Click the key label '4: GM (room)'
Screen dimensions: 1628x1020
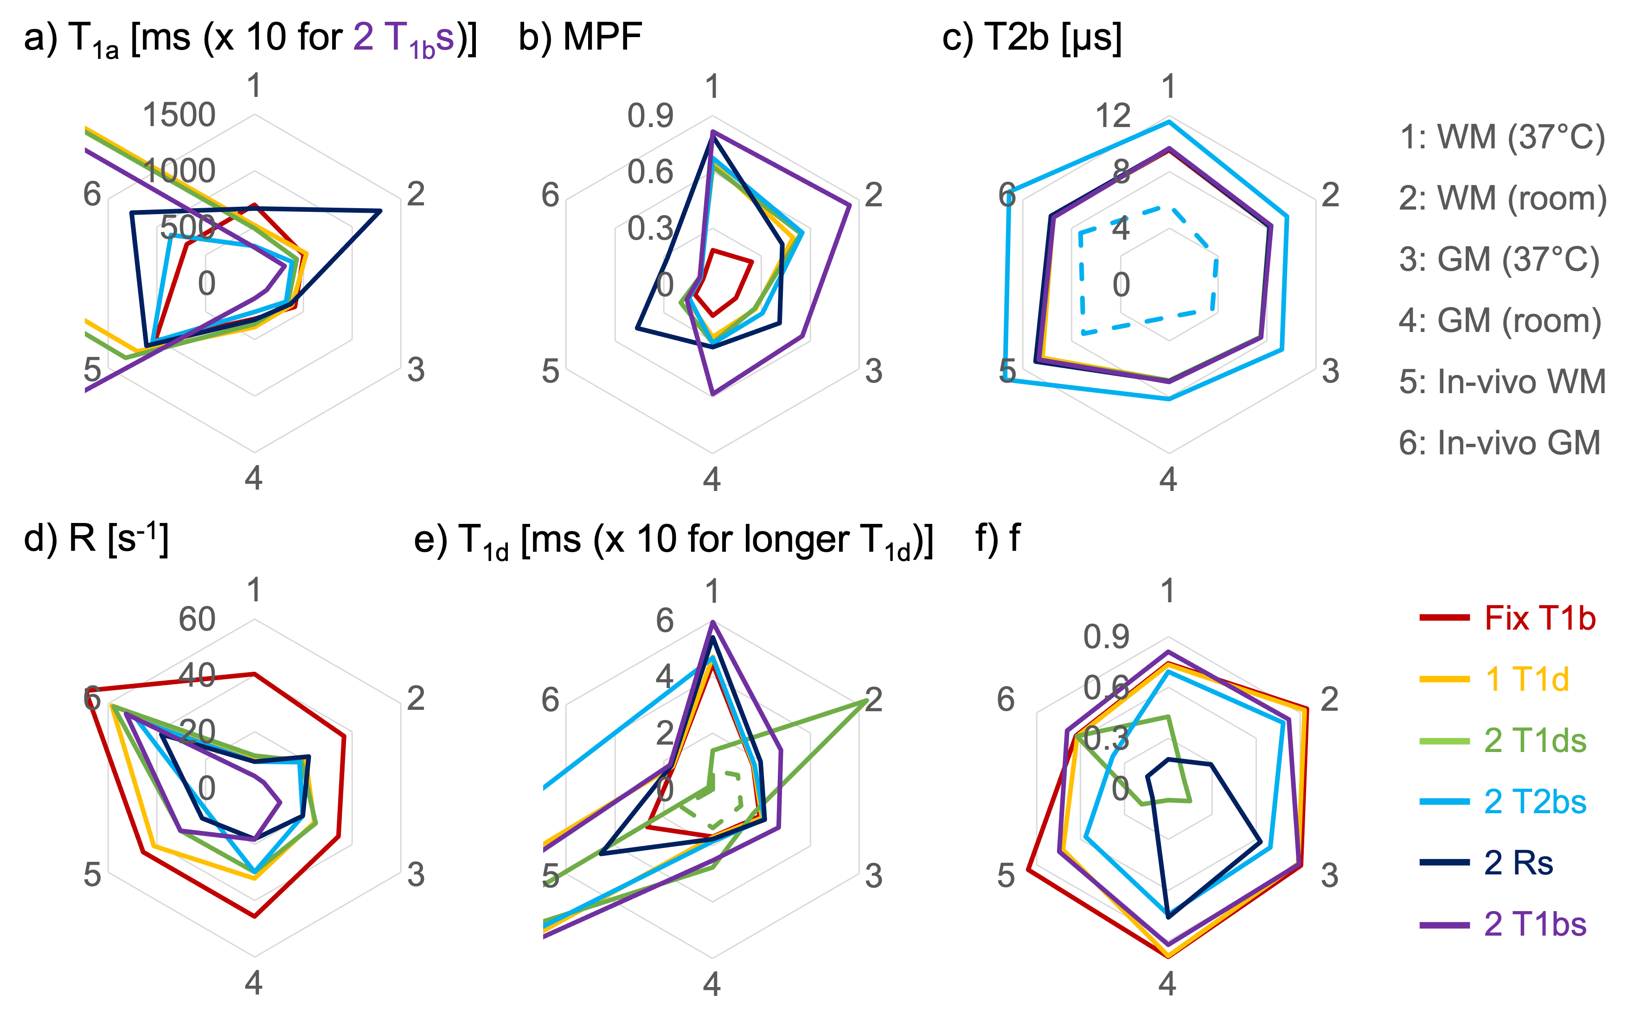1500,320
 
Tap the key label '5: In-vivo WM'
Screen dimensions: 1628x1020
1502,382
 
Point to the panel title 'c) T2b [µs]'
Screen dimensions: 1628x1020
1032,37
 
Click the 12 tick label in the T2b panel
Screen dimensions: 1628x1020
1113,116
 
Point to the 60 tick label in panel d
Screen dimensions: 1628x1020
197,619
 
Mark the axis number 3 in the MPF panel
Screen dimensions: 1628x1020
874,370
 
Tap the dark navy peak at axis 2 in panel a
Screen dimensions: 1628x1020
380,211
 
